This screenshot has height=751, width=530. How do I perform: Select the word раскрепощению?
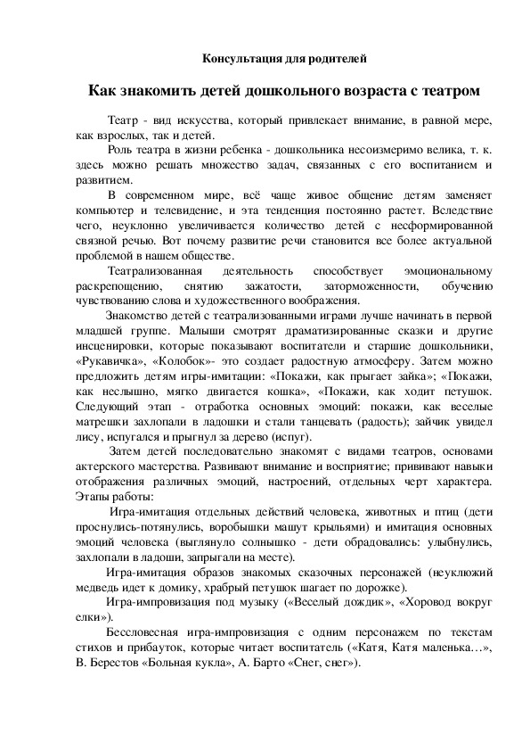[x=119, y=286]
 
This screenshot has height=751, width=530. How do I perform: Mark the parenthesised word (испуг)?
[x=289, y=437]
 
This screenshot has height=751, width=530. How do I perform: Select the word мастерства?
[x=156, y=466]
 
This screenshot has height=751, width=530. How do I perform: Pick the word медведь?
[x=99, y=587]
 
